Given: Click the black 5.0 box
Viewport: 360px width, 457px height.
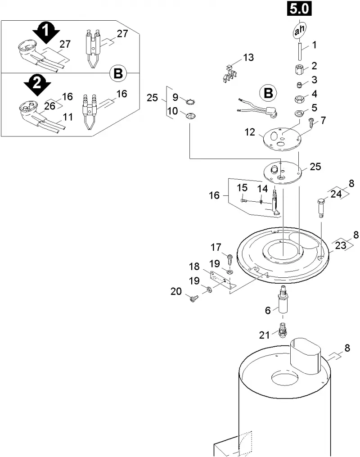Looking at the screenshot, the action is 299,9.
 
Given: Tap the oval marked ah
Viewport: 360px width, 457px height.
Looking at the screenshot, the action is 299,30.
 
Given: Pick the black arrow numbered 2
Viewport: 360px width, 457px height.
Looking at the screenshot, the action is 37,85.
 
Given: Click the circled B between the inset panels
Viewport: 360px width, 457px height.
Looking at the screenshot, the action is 118,73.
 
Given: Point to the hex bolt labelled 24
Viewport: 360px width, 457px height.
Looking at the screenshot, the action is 320,207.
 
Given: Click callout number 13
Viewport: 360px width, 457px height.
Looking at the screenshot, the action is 248,58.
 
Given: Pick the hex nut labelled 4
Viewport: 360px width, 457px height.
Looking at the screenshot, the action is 299,99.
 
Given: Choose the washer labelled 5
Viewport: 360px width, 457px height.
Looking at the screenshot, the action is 298,113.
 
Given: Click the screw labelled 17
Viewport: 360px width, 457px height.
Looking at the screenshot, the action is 230,259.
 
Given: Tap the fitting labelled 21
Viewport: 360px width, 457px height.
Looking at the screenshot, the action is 282,330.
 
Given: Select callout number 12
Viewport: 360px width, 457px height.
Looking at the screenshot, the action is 250,132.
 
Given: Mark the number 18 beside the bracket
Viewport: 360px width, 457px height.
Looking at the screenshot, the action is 194,267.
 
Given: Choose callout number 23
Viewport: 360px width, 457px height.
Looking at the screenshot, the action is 341,245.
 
